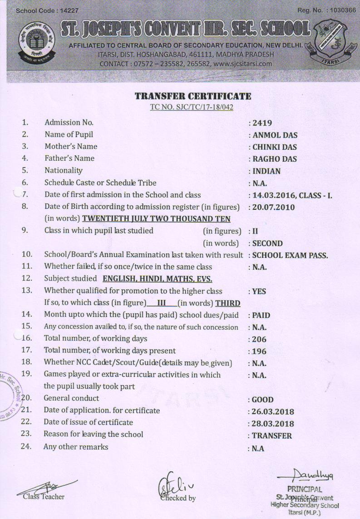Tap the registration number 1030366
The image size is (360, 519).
click(x=340, y=10)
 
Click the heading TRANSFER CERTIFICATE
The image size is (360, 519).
click(x=192, y=96)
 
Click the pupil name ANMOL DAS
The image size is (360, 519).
click(x=275, y=135)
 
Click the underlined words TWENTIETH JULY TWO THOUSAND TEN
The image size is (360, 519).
click(x=156, y=219)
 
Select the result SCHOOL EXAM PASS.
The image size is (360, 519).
click(x=290, y=255)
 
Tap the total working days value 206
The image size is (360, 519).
click(x=259, y=339)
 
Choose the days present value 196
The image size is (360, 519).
click(x=259, y=351)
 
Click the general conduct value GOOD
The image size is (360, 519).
click(x=263, y=400)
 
